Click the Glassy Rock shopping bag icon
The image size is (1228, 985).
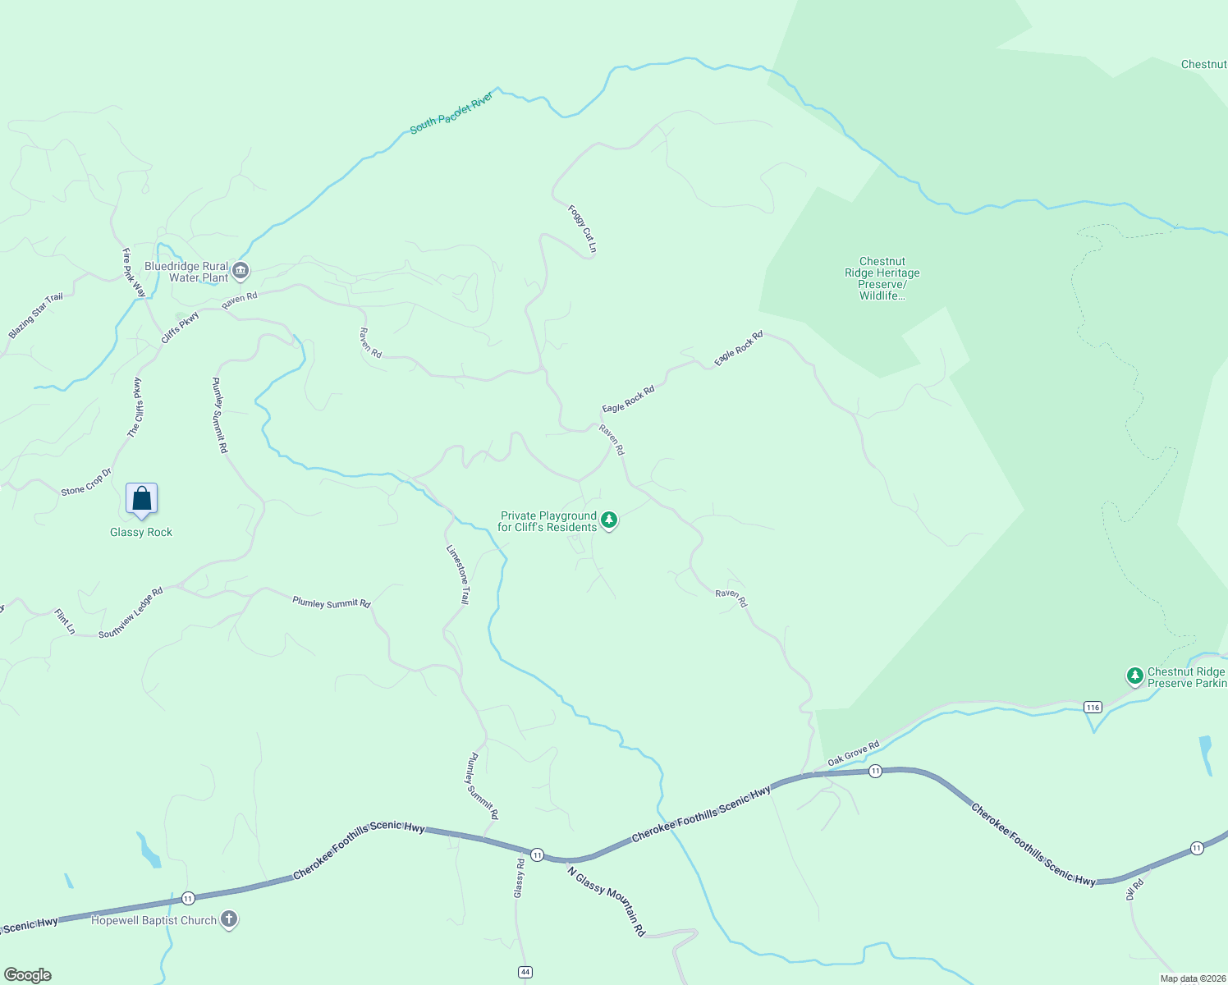pyautogui.click(x=141, y=498)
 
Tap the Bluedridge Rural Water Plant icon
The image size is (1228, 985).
pyautogui.click(x=241, y=270)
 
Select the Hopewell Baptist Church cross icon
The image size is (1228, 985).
pyautogui.click(x=229, y=920)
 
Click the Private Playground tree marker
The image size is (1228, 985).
pyautogui.click(x=609, y=520)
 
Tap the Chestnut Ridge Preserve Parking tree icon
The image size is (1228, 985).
pyautogui.click(x=1134, y=676)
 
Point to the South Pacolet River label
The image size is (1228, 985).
pyautogui.click(x=451, y=112)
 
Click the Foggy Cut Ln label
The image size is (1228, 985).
pyautogui.click(x=582, y=228)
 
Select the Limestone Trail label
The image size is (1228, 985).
pyautogui.click(x=458, y=575)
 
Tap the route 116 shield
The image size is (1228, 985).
pyautogui.click(x=1092, y=707)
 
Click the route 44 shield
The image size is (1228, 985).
pyautogui.click(x=525, y=972)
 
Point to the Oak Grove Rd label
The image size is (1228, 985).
pyautogui.click(x=853, y=754)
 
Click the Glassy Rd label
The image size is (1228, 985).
pyautogui.click(x=519, y=877)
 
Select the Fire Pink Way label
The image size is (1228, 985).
pyautogui.click(x=133, y=273)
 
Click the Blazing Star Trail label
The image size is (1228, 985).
pyautogui.click(x=35, y=316)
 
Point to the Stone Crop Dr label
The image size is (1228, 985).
pyautogui.click(x=85, y=483)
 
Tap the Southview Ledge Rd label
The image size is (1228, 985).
pyautogui.click(x=131, y=613)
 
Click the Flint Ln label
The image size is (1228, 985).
pyautogui.click(x=65, y=621)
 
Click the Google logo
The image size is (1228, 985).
pyautogui.click(x=28, y=975)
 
